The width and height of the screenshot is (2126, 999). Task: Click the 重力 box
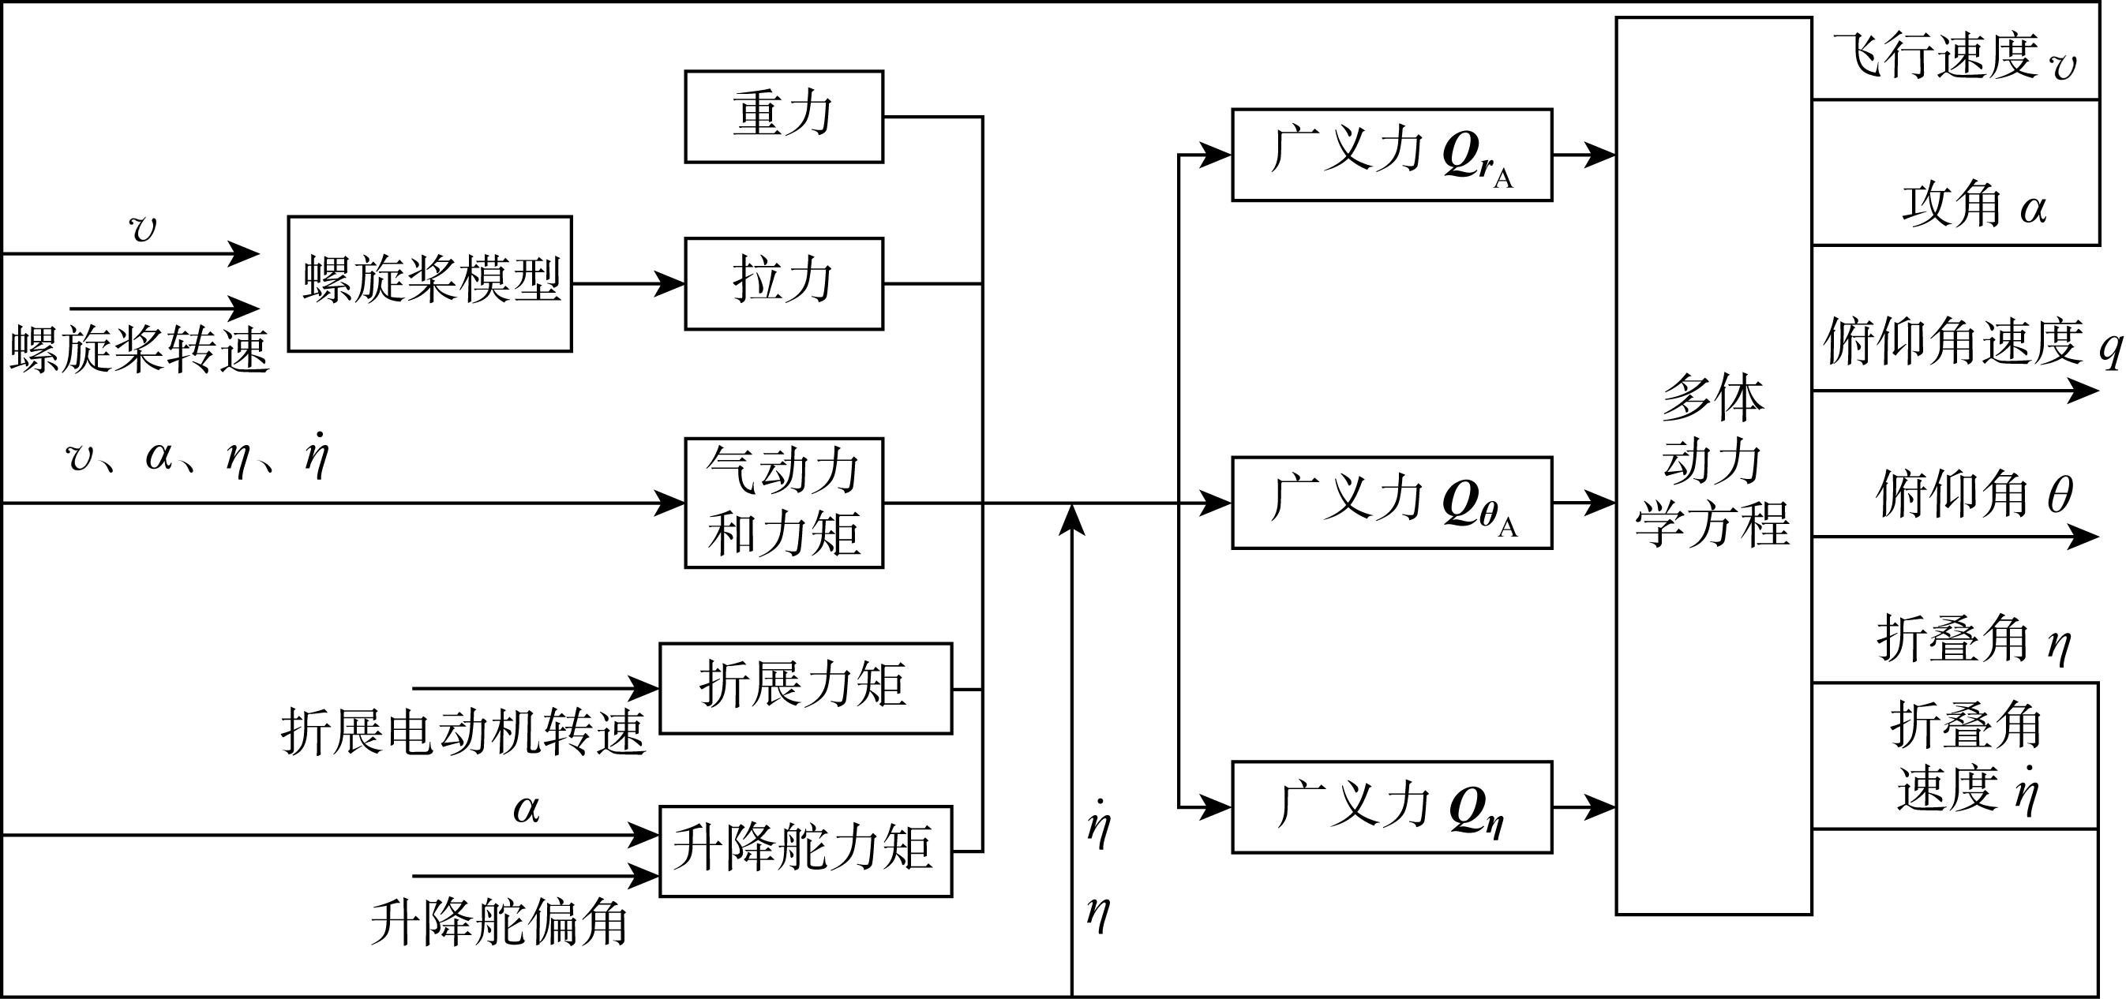pos(783,116)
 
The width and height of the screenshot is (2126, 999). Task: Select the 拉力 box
pos(783,284)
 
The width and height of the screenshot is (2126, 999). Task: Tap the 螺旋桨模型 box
pos(429,284)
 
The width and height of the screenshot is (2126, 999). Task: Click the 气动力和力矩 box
pos(783,503)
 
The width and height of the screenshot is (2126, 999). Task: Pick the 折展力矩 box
pos(804,688)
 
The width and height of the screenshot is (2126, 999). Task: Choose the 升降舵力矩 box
pos(804,851)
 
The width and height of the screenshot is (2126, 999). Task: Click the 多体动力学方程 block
pos(1712,466)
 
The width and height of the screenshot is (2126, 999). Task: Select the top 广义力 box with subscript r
pos(1392,154)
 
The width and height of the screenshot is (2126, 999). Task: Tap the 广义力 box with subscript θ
pos(1392,503)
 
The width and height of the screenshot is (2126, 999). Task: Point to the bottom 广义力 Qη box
pos(1392,806)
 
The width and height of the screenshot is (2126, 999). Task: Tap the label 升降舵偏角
pos(498,922)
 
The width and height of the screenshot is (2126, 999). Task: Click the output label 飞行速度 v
pos(1955,58)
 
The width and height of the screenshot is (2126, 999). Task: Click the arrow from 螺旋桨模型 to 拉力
pos(628,284)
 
